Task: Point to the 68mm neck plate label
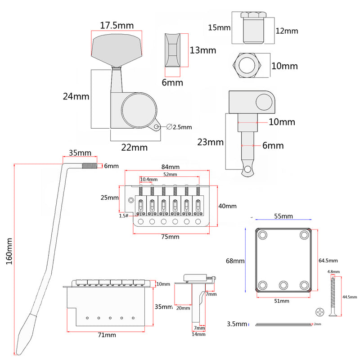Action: [235, 261]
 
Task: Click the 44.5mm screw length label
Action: [349, 297]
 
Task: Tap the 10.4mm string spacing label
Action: [148, 180]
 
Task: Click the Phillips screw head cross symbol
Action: [319, 312]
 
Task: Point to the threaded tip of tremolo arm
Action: [90, 166]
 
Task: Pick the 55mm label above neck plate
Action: [283, 216]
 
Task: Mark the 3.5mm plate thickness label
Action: [237, 324]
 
